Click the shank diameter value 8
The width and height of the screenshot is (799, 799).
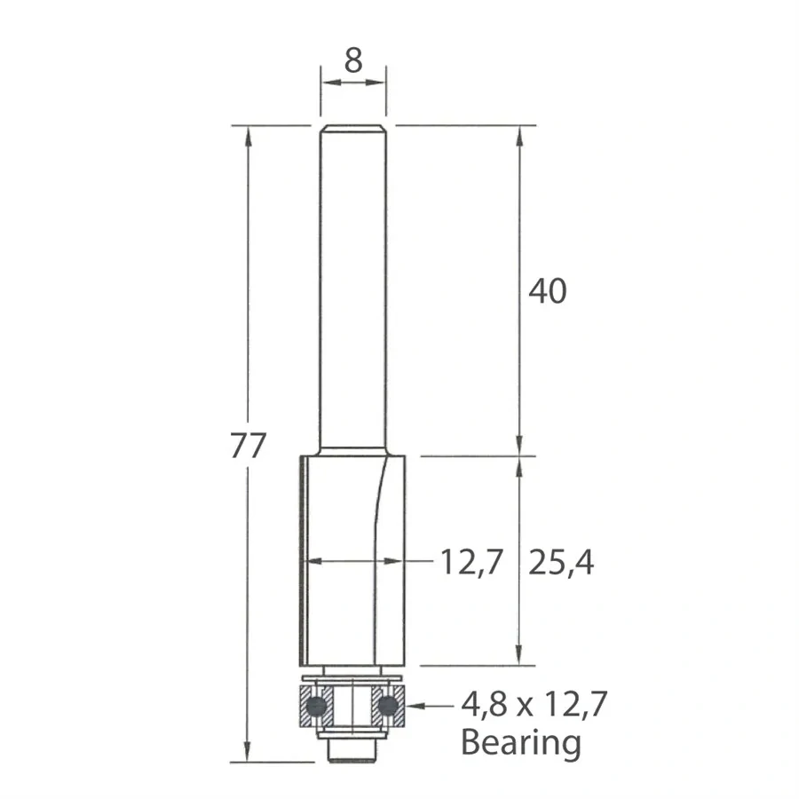tap(353, 60)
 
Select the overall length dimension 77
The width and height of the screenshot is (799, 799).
tap(248, 447)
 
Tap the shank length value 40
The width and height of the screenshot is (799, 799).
tap(547, 290)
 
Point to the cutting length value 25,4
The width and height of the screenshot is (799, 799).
tap(560, 562)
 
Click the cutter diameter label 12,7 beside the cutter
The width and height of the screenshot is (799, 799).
tap(471, 562)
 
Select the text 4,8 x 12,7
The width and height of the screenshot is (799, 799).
tap(535, 707)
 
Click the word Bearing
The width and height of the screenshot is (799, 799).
tap(521, 741)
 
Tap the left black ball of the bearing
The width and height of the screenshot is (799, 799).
tap(313, 707)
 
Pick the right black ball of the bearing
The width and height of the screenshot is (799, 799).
tap(387, 707)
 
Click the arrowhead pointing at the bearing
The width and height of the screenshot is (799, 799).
tap(411, 707)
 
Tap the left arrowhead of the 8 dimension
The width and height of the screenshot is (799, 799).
tap(327, 83)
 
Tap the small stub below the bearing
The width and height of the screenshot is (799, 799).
tap(353, 751)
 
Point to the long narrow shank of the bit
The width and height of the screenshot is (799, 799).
tap(353, 284)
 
